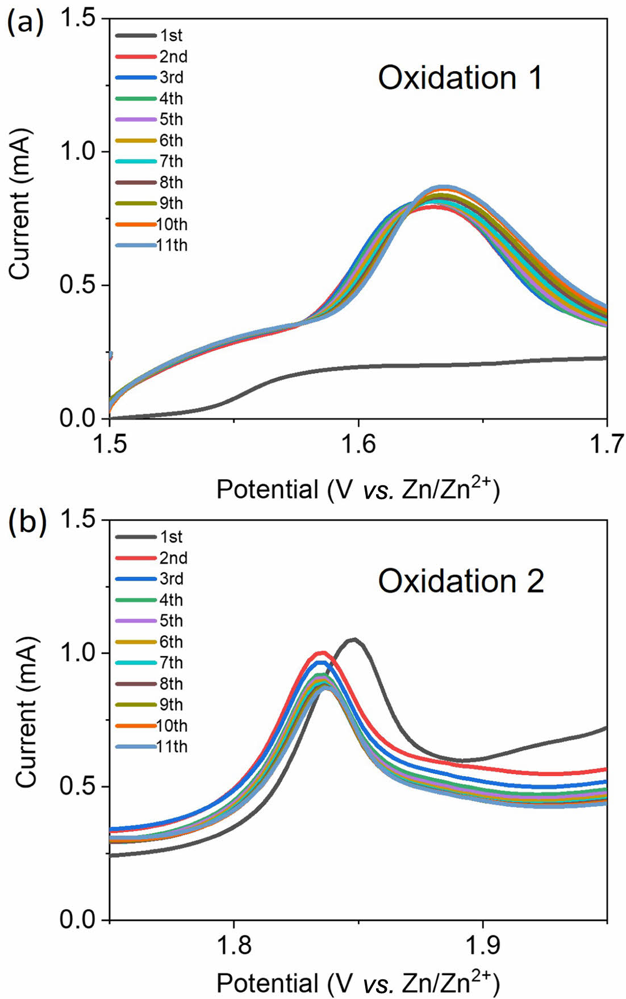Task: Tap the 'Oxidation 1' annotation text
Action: pos(460,78)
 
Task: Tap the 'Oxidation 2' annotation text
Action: pos(461,581)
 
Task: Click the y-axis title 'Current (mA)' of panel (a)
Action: pos(20,205)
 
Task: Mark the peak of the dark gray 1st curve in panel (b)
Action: pos(354,639)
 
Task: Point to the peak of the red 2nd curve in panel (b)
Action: pos(322,653)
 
